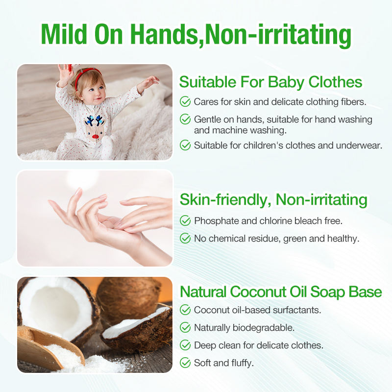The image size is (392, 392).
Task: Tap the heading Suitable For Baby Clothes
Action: point(270,81)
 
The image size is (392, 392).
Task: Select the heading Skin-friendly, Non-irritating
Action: point(273,199)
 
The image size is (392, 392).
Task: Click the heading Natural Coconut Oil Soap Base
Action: point(281,292)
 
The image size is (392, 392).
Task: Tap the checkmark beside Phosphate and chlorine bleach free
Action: point(185,220)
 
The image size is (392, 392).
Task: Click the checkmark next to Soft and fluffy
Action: point(185,363)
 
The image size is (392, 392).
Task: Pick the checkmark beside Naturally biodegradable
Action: point(185,327)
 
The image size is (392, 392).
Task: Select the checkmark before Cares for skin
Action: point(185,102)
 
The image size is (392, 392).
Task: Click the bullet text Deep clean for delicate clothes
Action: point(258,345)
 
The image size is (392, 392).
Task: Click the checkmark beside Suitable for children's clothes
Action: point(185,145)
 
